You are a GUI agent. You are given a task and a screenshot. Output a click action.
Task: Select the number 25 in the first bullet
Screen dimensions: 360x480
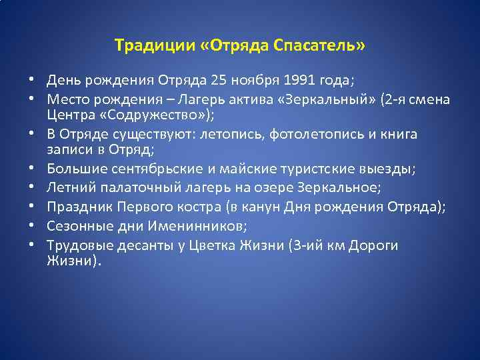[x=218, y=81]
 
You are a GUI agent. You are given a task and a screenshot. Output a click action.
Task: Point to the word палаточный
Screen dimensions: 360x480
[x=124, y=188]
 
